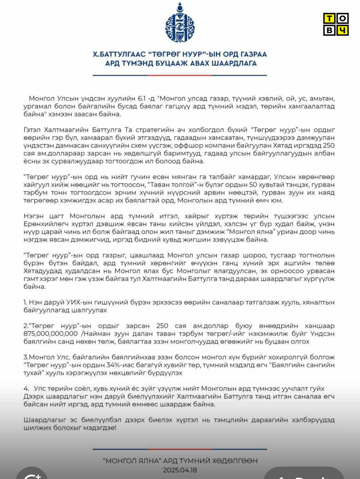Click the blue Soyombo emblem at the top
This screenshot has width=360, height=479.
point(180,23)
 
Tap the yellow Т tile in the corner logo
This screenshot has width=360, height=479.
point(330,19)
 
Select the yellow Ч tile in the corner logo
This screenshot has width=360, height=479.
point(342,30)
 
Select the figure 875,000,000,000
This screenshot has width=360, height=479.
point(51,334)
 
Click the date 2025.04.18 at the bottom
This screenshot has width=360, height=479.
point(180,470)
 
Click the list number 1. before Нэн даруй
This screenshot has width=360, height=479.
point(25,302)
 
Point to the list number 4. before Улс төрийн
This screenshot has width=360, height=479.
point(26,389)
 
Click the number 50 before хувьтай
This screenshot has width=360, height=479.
point(253,185)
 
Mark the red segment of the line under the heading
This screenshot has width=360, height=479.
point(180,75)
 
